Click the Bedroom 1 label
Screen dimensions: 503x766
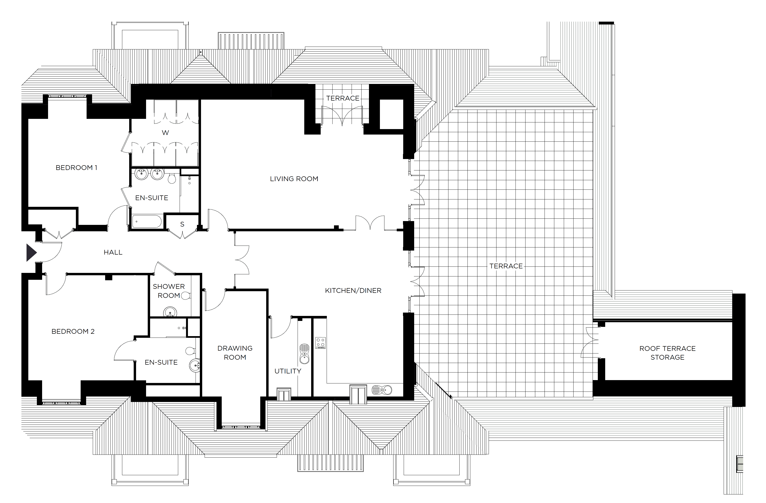[76, 168]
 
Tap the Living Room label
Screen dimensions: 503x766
[294, 179]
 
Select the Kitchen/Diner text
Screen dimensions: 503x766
[353, 290]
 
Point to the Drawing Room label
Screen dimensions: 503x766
[235, 353]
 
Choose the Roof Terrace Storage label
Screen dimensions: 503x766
[667, 353]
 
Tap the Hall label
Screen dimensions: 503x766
[113, 252]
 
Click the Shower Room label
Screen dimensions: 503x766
[169, 291]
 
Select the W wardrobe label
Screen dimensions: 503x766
[165, 132]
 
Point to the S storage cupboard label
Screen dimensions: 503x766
[182, 224]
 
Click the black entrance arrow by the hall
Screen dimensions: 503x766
[31, 252]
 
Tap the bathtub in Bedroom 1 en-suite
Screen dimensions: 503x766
[147, 222]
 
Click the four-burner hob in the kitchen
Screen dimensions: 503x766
[320, 343]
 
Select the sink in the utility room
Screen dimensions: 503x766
[304, 354]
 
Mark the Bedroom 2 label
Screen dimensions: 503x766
[73, 331]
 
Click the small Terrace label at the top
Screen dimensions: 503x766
[343, 98]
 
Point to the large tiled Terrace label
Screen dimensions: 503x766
[506, 266]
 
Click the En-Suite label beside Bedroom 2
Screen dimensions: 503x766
[161, 362]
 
